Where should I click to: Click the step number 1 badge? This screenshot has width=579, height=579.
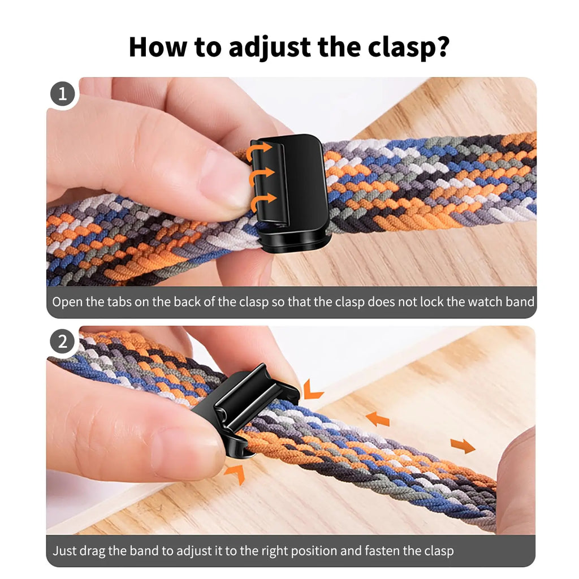click(62, 93)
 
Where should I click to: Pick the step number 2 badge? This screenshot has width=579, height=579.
click(62, 342)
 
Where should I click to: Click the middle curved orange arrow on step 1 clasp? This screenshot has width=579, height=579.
click(262, 175)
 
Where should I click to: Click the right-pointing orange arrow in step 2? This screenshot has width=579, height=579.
click(463, 446)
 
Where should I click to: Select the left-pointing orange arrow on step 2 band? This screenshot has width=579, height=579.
click(377, 419)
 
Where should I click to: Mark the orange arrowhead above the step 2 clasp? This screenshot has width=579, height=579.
click(312, 390)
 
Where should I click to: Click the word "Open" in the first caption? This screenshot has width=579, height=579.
click(67, 301)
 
